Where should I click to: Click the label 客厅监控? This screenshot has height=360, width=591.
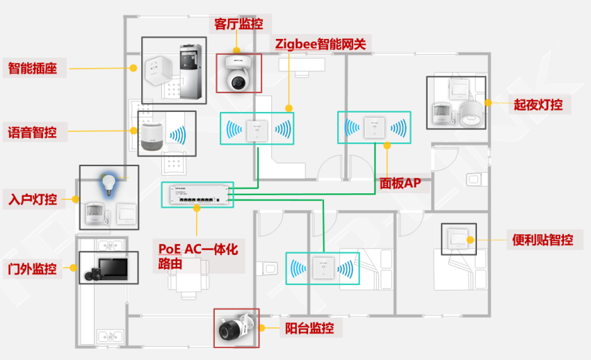click(x=238, y=24)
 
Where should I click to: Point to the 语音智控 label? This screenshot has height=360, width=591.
click(x=32, y=131)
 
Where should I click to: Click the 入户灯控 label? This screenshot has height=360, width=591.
click(x=32, y=199)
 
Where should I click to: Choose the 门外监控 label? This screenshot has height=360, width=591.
click(x=32, y=268)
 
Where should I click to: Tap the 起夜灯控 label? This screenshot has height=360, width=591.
click(x=537, y=105)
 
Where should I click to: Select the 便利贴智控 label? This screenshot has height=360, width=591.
click(x=542, y=240)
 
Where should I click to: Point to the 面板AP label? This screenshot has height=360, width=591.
click(x=400, y=183)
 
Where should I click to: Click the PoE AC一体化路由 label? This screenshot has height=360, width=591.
click(x=197, y=256)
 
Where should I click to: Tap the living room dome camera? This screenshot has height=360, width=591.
click(x=238, y=74)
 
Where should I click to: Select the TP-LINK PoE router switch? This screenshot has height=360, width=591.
click(x=197, y=194)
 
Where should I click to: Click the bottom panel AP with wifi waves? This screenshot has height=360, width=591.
click(x=323, y=268)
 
